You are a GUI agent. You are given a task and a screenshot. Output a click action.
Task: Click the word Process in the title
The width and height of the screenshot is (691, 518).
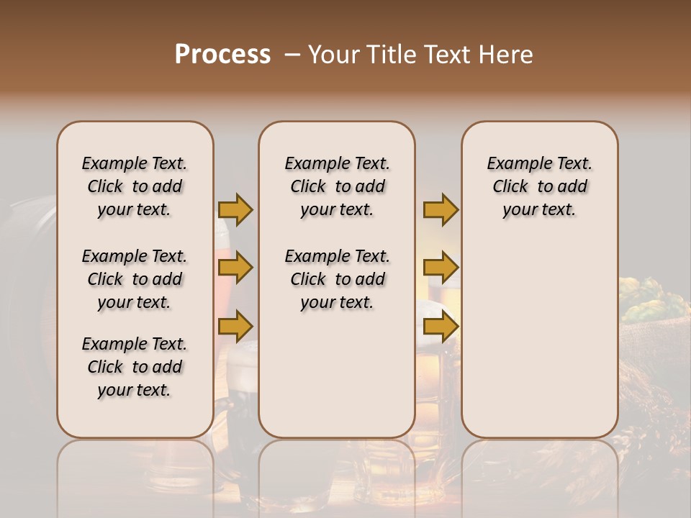[x=222, y=55]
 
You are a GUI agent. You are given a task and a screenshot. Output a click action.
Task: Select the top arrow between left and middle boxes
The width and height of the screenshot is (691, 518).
[x=235, y=209]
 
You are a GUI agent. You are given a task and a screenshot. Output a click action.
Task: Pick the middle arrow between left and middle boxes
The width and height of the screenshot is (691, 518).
[x=235, y=268]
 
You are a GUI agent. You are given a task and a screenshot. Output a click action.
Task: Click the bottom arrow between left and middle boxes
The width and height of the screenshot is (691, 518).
[x=235, y=327]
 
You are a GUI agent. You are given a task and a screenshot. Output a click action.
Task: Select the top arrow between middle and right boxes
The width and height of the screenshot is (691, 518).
[x=441, y=209]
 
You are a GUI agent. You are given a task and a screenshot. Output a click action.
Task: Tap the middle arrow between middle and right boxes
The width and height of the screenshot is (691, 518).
[x=441, y=268]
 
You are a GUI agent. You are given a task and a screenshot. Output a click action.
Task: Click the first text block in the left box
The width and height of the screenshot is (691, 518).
[x=135, y=186]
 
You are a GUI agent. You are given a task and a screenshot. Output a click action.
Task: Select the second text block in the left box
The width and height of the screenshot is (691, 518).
[x=135, y=279]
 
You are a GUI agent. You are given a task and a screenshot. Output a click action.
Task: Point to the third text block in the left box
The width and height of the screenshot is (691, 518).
[x=135, y=367]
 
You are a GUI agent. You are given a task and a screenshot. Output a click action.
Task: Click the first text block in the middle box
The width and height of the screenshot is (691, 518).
[x=337, y=186]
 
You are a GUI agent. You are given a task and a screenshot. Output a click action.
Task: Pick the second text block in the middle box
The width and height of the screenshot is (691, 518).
[x=337, y=279]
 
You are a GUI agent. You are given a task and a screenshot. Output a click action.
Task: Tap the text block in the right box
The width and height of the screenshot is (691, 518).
[x=540, y=186]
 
